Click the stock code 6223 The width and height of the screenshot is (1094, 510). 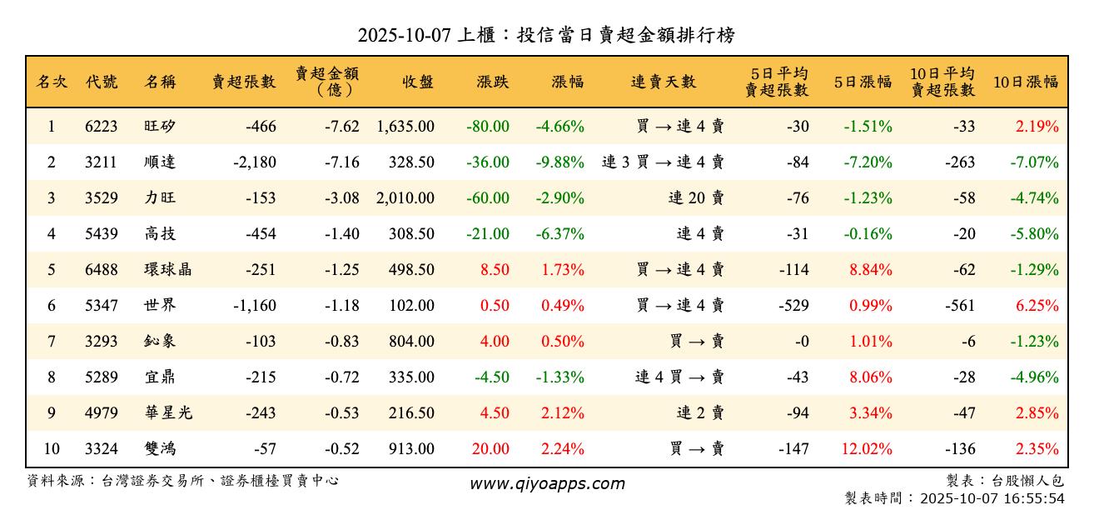click(102, 127)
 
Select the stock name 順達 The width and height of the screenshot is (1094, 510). click(160, 162)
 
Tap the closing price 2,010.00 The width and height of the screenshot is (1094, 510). click(405, 198)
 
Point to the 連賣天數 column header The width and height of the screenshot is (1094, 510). click(664, 82)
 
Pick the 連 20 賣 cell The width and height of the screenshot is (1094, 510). click(696, 198)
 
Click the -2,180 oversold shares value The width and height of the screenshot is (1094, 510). click(255, 162)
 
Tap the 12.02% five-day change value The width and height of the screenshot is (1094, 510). click(867, 449)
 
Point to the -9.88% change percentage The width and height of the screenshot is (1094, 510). click(559, 162)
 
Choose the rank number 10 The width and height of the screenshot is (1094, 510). click(52, 449)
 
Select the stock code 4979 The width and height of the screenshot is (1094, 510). click(102, 413)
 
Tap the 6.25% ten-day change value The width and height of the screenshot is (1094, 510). click(1036, 306)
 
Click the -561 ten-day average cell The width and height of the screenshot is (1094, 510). click(960, 306)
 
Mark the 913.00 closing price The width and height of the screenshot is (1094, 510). click(411, 449)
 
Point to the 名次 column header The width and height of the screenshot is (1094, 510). click(52, 82)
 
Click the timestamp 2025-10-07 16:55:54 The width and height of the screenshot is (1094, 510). click(992, 499)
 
